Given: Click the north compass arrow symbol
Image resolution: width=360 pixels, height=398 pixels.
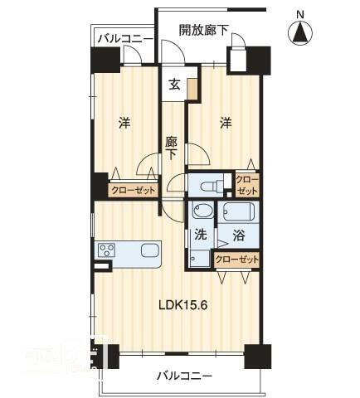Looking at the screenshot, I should pos(300,33).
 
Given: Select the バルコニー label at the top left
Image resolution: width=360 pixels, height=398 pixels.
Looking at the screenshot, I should pos(124,38).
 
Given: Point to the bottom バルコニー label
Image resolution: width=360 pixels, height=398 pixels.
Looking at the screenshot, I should pos(184,376).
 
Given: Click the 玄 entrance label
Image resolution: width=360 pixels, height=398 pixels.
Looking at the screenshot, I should pos(175,84).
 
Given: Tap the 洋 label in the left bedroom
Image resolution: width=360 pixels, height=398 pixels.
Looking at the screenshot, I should pos(124,124).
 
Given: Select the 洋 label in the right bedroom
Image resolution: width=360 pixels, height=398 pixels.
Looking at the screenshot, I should pos(226,124).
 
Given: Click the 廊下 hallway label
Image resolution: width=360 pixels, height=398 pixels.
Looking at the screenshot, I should pos(172,148).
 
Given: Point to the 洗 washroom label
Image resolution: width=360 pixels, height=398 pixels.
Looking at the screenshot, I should pos(201,235).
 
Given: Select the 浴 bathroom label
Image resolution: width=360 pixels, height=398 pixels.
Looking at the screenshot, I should pos(238,235).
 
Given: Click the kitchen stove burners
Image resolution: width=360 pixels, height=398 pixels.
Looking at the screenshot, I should pos(107,250).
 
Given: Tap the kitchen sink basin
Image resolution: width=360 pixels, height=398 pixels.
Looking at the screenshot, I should pos(150,250).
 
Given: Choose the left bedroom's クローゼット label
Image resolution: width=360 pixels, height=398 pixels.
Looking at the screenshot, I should pos(134,189).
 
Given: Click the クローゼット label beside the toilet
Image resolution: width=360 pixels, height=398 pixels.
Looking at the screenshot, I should pos(247,184).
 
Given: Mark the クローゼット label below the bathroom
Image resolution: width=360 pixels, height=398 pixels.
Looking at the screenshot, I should pos(237,260).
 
